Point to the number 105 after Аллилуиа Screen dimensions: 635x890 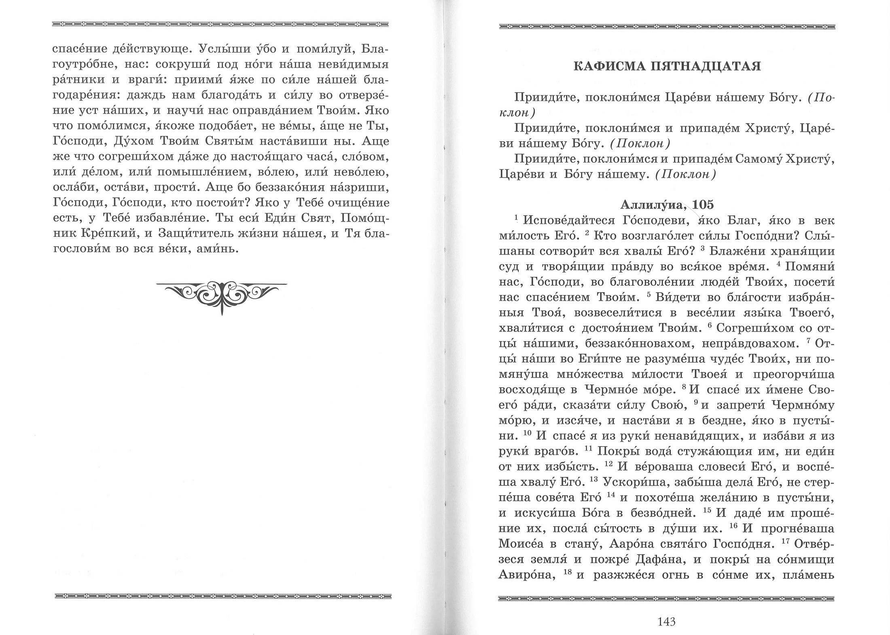(x=703, y=205)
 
